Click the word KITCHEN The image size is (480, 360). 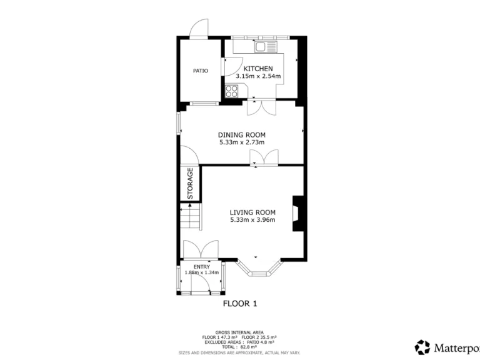(258, 69)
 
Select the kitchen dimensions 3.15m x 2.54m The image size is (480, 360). (258, 76)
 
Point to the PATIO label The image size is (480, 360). (200, 71)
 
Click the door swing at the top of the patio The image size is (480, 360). (199, 29)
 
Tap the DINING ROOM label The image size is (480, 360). (241, 134)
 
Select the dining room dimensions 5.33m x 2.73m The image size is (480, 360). (241, 142)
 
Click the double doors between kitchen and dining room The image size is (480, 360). (258, 106)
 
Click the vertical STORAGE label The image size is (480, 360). (190, 184)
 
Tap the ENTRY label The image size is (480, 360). (201, 267)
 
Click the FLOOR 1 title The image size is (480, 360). (240, 304)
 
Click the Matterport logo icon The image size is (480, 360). (422, 347)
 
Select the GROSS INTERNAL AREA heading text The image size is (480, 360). (239, 332)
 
